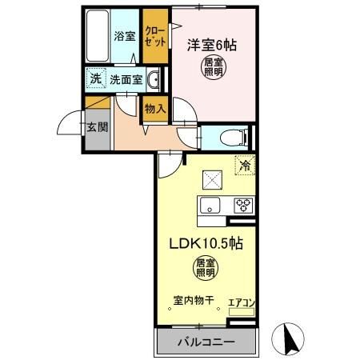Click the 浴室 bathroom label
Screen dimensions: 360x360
[123, 36]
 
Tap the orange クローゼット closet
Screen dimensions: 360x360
[155, 36]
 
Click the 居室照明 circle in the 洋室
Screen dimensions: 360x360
[213, 67]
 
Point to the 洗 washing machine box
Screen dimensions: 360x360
[95, 79]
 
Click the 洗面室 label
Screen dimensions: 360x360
[126, 79]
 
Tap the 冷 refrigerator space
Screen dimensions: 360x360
[244, 167]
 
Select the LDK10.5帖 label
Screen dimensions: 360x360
[205, 245]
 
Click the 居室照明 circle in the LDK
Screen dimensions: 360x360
[206, 267]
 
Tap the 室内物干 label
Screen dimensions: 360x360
[192, 301]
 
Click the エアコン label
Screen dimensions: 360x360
[241, 302]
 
